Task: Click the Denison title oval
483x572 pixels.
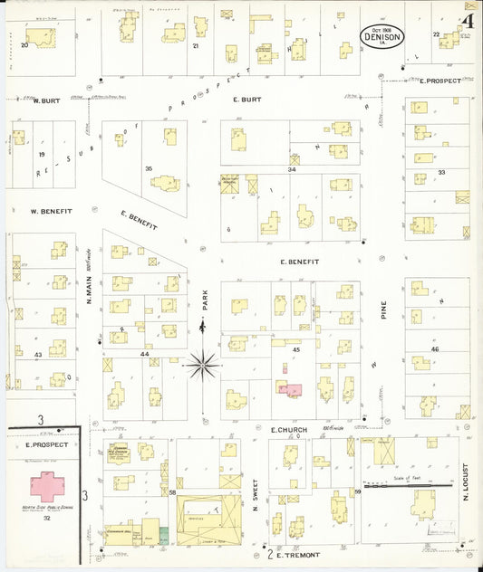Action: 382,37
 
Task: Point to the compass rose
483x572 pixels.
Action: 203,366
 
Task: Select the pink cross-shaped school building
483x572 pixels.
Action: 48,485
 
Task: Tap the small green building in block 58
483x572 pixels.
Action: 164,534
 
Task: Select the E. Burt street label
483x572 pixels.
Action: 246,100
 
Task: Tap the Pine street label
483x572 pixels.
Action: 383,313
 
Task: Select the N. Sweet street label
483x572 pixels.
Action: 256,496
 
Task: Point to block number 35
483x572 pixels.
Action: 149,168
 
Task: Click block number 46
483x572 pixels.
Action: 435,349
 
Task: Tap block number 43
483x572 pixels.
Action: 38,354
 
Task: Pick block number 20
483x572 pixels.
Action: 24,44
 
